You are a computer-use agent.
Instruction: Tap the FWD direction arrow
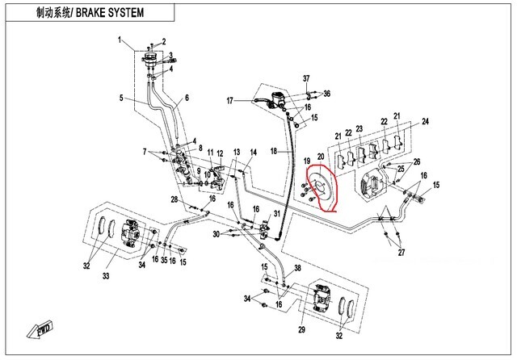[x=41, y=329]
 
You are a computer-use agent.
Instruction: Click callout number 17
[x=229, y=100]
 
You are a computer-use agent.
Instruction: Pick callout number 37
[x=307, y=78]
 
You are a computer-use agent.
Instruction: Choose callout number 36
[x=327, y=94]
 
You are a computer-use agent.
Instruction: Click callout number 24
[x=424, y=122]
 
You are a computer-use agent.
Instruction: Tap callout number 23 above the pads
[x=359, y=129]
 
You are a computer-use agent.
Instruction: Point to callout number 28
[x=174, y=199]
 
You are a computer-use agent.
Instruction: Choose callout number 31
[x=277, y=214]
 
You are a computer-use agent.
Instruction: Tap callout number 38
[x=297, y=268]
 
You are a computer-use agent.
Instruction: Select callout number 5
[x=121, y=98]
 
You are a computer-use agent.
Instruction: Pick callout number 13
[x=237, y=152]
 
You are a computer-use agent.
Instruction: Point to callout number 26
[x=418, y=161]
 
